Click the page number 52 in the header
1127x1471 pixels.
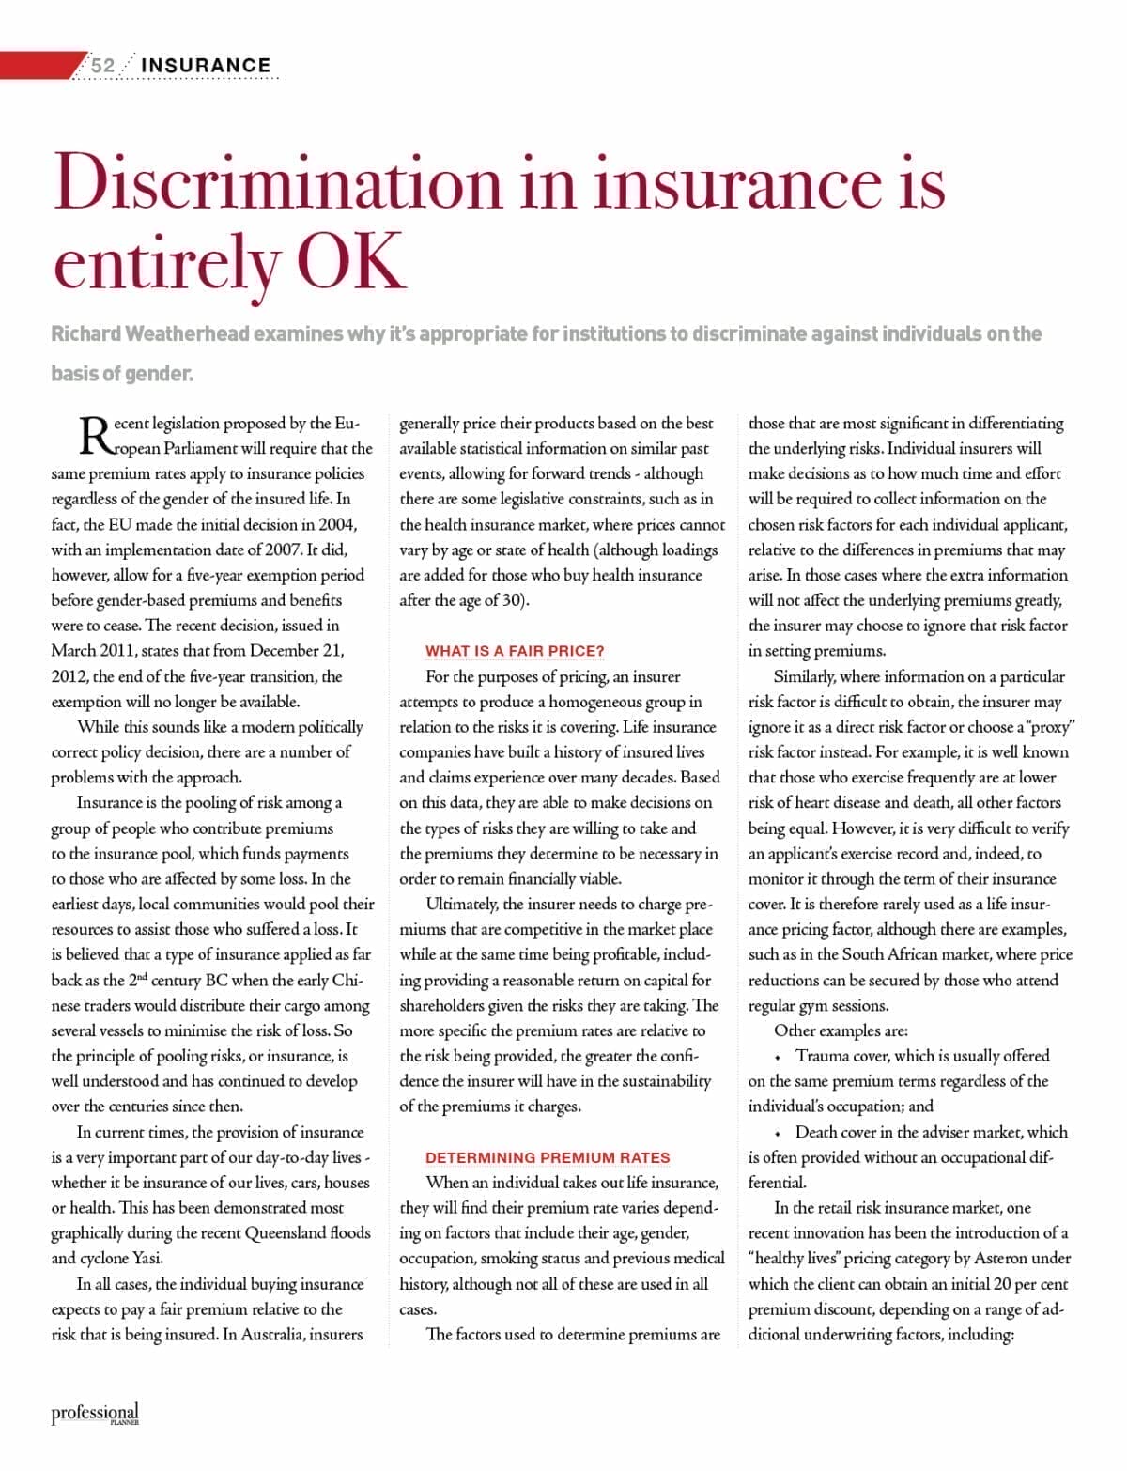[x=102, y=65]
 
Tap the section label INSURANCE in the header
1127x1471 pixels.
[x=206, y=65]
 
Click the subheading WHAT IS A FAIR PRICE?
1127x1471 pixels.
[x=515, y=651]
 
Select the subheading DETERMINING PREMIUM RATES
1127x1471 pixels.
[x=548, y=1157]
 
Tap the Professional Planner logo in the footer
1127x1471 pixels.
[x=95, y=1414]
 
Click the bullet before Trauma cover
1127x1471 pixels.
[x=779, y=1057]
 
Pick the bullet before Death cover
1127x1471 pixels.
[x=779, y=1133]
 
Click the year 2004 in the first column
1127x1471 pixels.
[x=336, y=524]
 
